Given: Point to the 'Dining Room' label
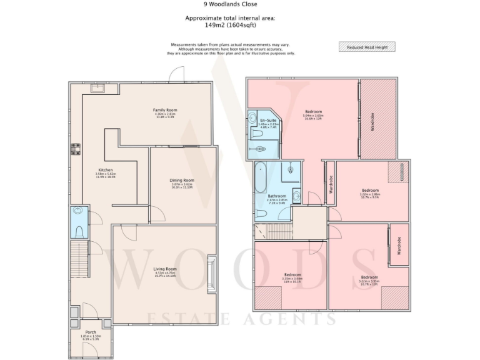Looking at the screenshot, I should click(182, 181).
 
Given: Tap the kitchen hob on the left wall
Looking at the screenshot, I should click(75, 149).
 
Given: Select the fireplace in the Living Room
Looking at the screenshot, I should click(212, 269).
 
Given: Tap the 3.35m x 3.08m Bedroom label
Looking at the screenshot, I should click(292, 275).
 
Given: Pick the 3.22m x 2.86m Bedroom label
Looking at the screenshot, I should click(369, 191).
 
